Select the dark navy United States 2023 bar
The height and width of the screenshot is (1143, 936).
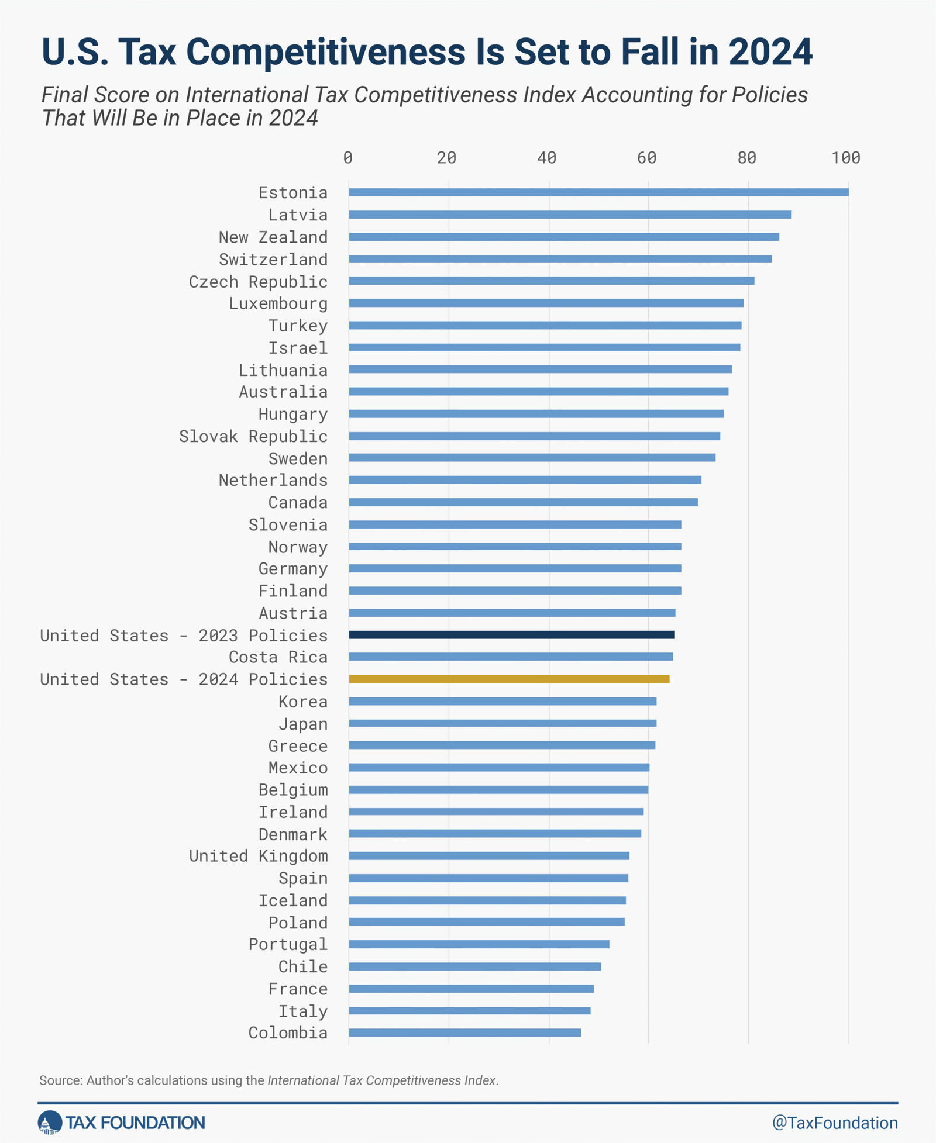pos(511,635)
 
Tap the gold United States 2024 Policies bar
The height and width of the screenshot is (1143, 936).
pos(509,679)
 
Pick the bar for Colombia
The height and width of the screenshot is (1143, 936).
pos(464,1033)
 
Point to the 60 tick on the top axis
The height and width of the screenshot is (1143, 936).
pos(647,158)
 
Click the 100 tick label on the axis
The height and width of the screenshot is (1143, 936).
pos(846,158)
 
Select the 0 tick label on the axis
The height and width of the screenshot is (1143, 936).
pos(348,158)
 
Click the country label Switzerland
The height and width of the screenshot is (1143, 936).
pos(273,260)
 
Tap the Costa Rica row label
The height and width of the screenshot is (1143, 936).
pos(278,657)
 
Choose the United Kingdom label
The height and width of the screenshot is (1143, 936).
pos(258,856)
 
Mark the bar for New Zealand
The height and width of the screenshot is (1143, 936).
pos(563,237)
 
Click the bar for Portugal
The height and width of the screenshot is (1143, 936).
pos(479,944)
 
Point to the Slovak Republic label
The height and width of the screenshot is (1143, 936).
pos(253,436)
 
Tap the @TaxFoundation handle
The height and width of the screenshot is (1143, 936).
pos(835,1123)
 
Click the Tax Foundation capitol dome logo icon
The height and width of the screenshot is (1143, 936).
pos(50,1123)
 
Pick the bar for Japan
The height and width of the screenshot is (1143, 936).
pos(502,723)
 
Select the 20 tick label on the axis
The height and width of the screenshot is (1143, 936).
pos(447,158)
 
